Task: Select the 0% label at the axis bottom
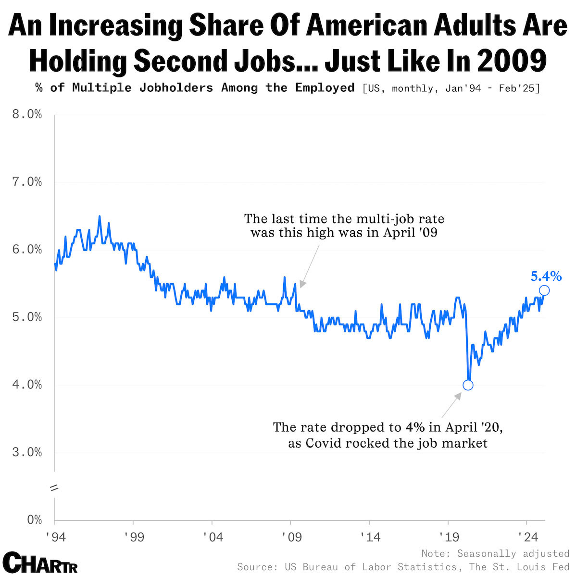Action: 34,520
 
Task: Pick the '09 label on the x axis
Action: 291,536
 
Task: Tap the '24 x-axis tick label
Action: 527,536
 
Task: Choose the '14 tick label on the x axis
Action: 370,536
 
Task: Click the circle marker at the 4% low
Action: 468,385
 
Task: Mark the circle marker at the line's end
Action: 544,290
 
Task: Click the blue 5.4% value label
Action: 546,276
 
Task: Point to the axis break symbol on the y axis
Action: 54,487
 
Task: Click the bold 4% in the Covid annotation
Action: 415,427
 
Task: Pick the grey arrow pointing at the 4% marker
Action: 451,405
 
